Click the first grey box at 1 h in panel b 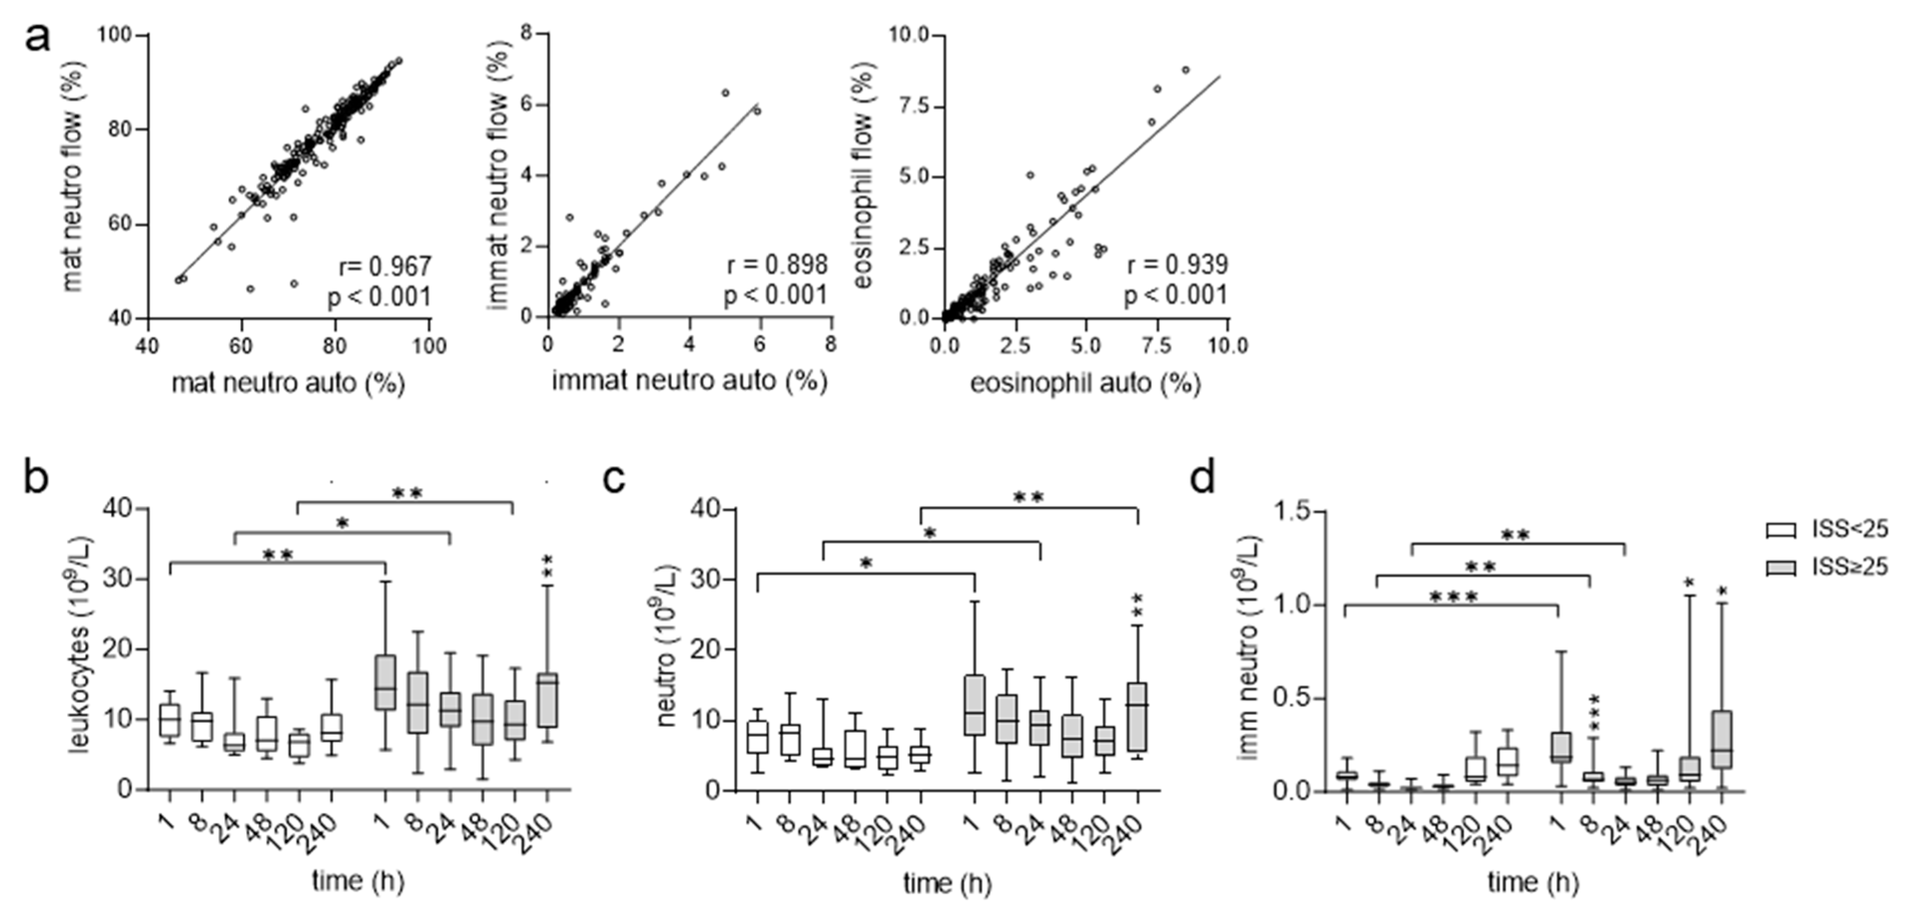[385, 682]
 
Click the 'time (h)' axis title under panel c [947, 882]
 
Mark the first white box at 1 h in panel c [757, 737]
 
